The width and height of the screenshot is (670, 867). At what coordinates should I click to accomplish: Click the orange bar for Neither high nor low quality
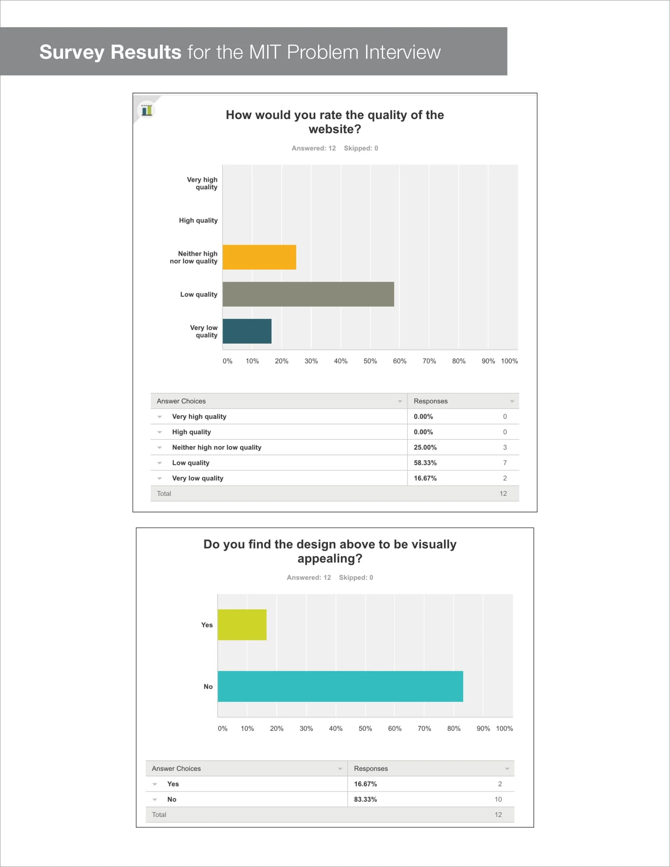click(259, 257)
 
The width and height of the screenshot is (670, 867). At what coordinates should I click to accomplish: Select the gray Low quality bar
click(308, 294)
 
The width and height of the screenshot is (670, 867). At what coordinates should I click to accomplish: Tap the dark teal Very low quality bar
click(247, 331)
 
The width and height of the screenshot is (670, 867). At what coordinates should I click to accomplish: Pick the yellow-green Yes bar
click(242, 625)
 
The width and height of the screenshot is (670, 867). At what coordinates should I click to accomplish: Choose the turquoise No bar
click(340, 687)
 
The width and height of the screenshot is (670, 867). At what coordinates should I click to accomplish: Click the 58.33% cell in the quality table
click(425, 463)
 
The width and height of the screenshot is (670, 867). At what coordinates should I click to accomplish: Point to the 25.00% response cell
click(425, 447)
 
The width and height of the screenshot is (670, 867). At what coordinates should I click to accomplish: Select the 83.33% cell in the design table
click(365, 799)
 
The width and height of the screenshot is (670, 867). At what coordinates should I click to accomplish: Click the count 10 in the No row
click(498, 799)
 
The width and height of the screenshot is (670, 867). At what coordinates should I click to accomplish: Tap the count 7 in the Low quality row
click(505, 463)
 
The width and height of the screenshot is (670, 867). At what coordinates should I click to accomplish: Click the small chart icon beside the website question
click(147, 110)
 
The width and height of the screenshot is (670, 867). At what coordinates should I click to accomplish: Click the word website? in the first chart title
click(335, 129)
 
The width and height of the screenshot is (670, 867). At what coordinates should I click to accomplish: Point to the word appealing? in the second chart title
click(330, 558)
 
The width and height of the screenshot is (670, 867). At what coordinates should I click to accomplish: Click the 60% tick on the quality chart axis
click(399, 361)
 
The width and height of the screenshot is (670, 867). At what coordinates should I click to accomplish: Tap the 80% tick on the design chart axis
click(454, 728)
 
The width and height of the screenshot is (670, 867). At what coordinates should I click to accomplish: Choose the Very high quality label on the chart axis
click(202, 183)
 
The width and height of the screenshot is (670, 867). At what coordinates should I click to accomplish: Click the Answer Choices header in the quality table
click(181, 401)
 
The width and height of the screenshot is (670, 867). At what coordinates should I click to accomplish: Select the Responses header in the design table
click(371, 768)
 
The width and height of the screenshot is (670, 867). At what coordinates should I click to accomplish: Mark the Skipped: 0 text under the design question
click(355, 578)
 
